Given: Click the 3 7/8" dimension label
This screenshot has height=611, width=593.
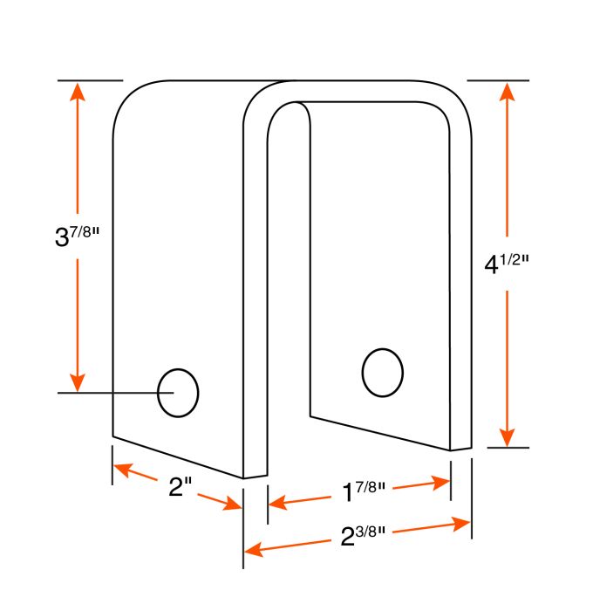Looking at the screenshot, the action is pos(77,237).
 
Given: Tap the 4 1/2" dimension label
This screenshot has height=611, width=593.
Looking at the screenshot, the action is pos(507,264).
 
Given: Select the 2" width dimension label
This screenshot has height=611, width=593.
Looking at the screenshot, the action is pos(181,486).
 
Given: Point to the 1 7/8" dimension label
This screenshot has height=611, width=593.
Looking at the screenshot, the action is pos(364,491).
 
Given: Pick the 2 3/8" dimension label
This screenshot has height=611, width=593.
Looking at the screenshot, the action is pos(363,536).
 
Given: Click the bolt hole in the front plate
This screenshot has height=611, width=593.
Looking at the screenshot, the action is pos(178,393).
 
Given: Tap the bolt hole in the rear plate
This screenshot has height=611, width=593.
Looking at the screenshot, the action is pos(382,373).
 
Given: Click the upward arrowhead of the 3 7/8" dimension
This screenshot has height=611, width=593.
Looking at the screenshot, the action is pos(78,92).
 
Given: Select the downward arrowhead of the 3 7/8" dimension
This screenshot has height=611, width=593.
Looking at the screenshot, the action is pos(78,382).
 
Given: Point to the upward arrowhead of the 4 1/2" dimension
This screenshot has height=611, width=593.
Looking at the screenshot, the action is pos(507,92).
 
